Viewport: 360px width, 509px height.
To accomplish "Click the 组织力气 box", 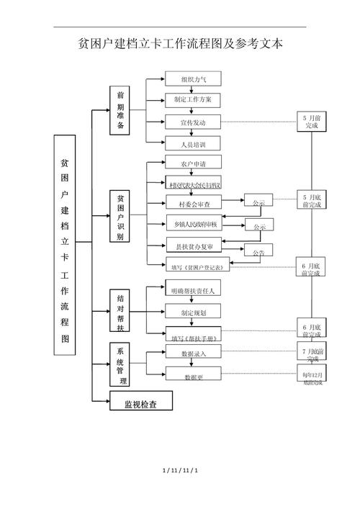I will [x=192, y=79].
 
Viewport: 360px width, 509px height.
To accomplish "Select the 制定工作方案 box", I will [x=192, y=99].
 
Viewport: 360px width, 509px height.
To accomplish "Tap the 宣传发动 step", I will [x=192, y=122].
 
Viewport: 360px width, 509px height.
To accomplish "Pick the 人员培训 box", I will [x=192, y=143].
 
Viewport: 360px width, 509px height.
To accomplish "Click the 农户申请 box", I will [x=192, y=163].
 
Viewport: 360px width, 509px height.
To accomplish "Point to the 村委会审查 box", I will [x=192, y=203].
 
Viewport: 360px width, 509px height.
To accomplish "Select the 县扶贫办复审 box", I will [x=192, y=246].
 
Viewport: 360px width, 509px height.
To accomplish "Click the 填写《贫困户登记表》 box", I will [x=197, y=266].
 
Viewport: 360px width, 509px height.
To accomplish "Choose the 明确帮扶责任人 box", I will [x=192, y=290].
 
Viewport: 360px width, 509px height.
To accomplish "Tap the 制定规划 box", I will [x=192, y=312].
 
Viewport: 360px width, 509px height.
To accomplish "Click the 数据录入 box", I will [x=192, y=353].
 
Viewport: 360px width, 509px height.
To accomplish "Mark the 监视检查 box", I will [x=140, y=402].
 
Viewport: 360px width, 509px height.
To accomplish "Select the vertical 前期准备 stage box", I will [x=120, y=110].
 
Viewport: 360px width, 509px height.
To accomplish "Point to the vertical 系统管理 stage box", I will [x=120, y=364].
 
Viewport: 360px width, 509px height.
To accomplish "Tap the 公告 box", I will [x=258, y=252].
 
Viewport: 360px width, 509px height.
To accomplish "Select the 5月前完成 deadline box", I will [x=312, y=121].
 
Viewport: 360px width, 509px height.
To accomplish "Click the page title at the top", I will [x=180, y=44].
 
